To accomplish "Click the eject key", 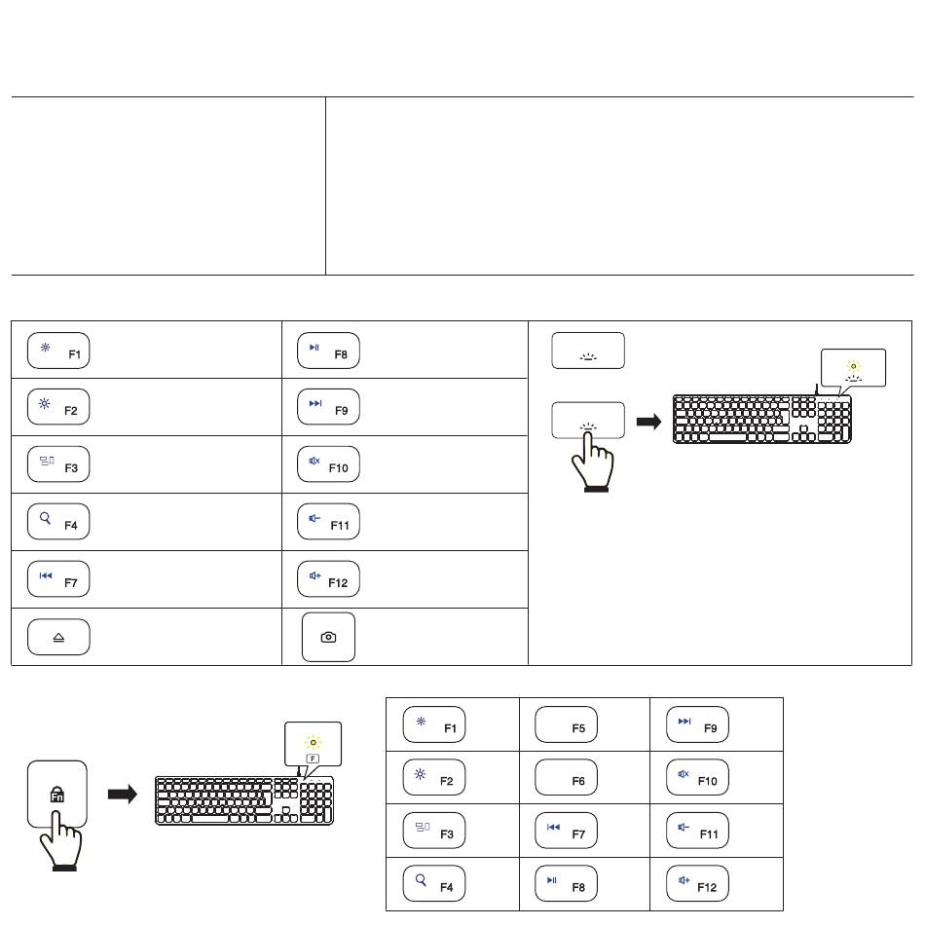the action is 58,637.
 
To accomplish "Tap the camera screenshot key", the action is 328,637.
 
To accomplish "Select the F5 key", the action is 566,724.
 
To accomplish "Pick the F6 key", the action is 566,777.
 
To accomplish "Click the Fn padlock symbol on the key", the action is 57,795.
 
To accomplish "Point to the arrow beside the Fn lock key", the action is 123,795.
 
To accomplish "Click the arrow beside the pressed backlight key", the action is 648,422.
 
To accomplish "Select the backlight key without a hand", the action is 588,351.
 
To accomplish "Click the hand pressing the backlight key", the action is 592,462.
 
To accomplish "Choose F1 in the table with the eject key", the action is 58,351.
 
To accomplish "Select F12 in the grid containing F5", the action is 697,883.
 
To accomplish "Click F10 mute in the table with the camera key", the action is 328,464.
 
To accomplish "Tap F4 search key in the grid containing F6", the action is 433,883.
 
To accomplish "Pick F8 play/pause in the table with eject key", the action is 328,351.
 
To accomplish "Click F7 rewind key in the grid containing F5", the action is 566,831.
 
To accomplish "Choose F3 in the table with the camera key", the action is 58,464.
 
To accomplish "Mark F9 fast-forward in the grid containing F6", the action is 697,724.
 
